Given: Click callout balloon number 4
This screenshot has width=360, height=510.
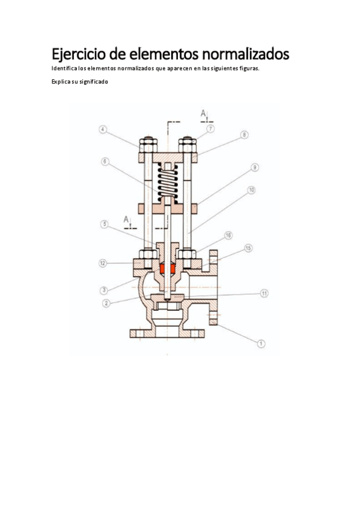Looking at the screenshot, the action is [103, 129].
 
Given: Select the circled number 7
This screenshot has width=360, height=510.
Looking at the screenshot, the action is [210, 129].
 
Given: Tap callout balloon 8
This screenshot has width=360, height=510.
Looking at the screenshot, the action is [244, 135].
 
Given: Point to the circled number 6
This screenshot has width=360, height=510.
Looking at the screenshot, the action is [105, 162].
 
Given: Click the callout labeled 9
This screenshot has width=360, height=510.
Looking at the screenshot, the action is [255, 168].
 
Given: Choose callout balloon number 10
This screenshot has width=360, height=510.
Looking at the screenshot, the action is [251, 190].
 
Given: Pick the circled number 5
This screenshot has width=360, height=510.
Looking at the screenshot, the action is [105, 224].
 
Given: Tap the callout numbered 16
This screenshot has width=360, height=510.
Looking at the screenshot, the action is [228, 236].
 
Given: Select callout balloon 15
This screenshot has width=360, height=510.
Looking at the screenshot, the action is [248, 248].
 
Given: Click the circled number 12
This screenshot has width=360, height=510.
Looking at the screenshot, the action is [103, 263].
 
